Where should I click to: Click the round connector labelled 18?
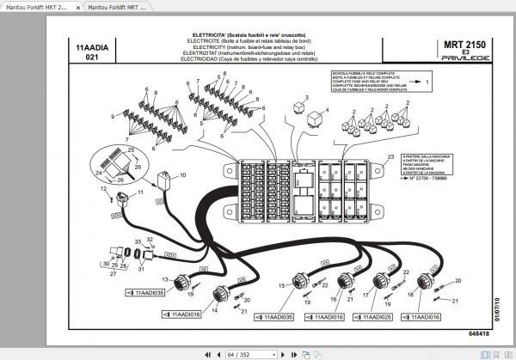pos(425,282)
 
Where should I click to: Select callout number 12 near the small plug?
pos(102,187)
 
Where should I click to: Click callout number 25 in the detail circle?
pos(132,149)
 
